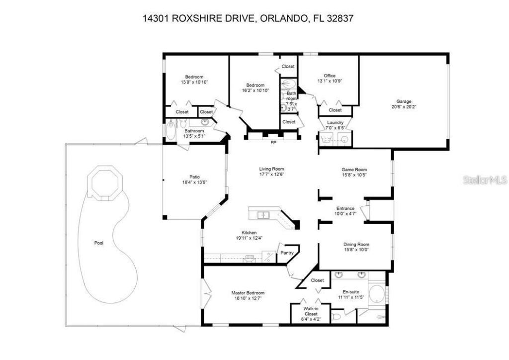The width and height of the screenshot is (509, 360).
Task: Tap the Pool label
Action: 99,243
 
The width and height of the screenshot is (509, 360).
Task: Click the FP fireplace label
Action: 273,143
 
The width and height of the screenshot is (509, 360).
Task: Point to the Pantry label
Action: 287,253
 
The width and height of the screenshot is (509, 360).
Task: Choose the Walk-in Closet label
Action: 311,311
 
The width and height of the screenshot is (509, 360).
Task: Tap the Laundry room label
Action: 335,122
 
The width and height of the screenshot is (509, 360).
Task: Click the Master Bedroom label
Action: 248,293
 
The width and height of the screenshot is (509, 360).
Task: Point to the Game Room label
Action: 354,169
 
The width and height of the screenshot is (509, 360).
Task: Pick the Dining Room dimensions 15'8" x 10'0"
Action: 356,250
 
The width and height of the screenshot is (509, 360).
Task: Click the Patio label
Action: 194,176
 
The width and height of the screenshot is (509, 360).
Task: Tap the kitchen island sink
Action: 262,215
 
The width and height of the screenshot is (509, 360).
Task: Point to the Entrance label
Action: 345,208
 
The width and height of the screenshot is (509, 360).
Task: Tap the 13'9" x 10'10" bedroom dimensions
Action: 194,82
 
